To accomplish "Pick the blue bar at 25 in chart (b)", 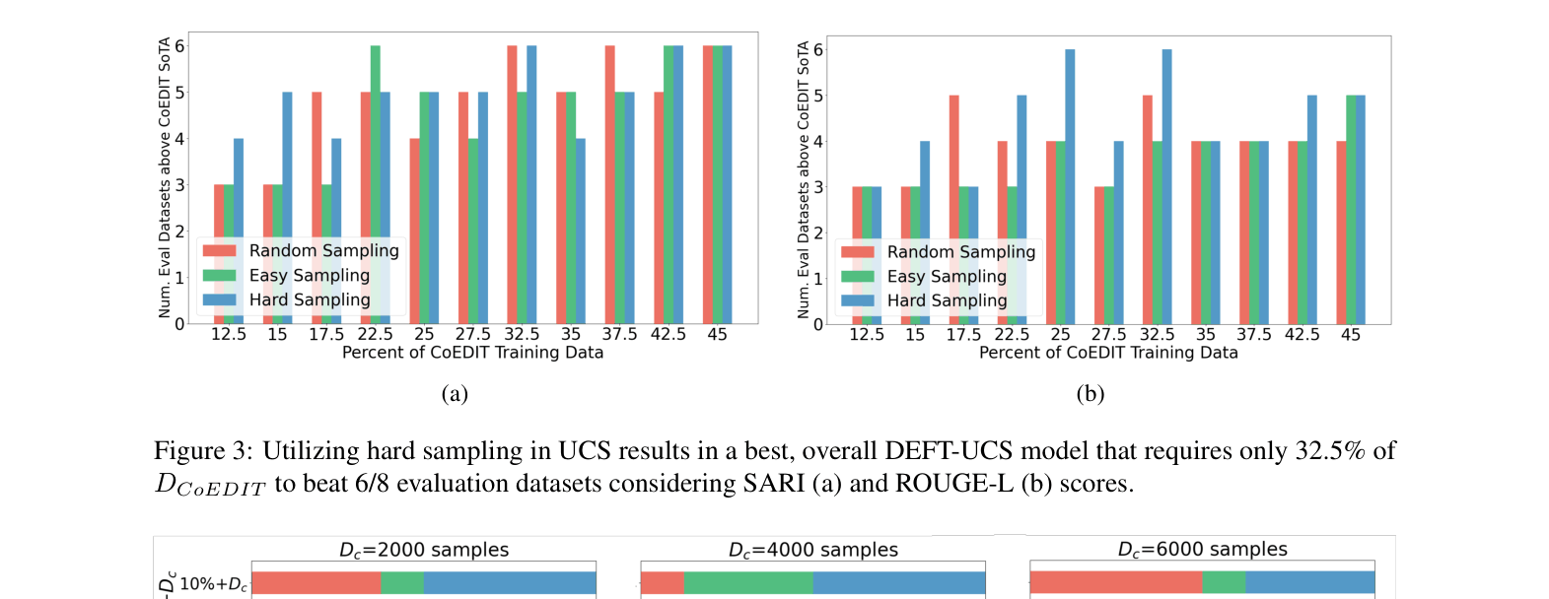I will [1070, 186].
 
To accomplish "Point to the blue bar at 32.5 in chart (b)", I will [1166, 186].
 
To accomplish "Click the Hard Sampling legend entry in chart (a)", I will [309, 300].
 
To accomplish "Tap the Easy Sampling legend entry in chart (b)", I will [946, 277].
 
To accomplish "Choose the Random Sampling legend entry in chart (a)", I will [322, 251].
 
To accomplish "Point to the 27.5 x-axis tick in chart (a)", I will [473, 334].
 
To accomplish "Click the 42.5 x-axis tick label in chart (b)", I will [1302, 335].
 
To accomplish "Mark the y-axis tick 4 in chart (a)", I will [179, 139].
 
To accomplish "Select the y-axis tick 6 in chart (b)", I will [818, 50].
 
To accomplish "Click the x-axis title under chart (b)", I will [1108, 353].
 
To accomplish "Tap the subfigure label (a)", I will [455, 394].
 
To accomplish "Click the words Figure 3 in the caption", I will [202, 451].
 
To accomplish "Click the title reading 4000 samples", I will [812, 550].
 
